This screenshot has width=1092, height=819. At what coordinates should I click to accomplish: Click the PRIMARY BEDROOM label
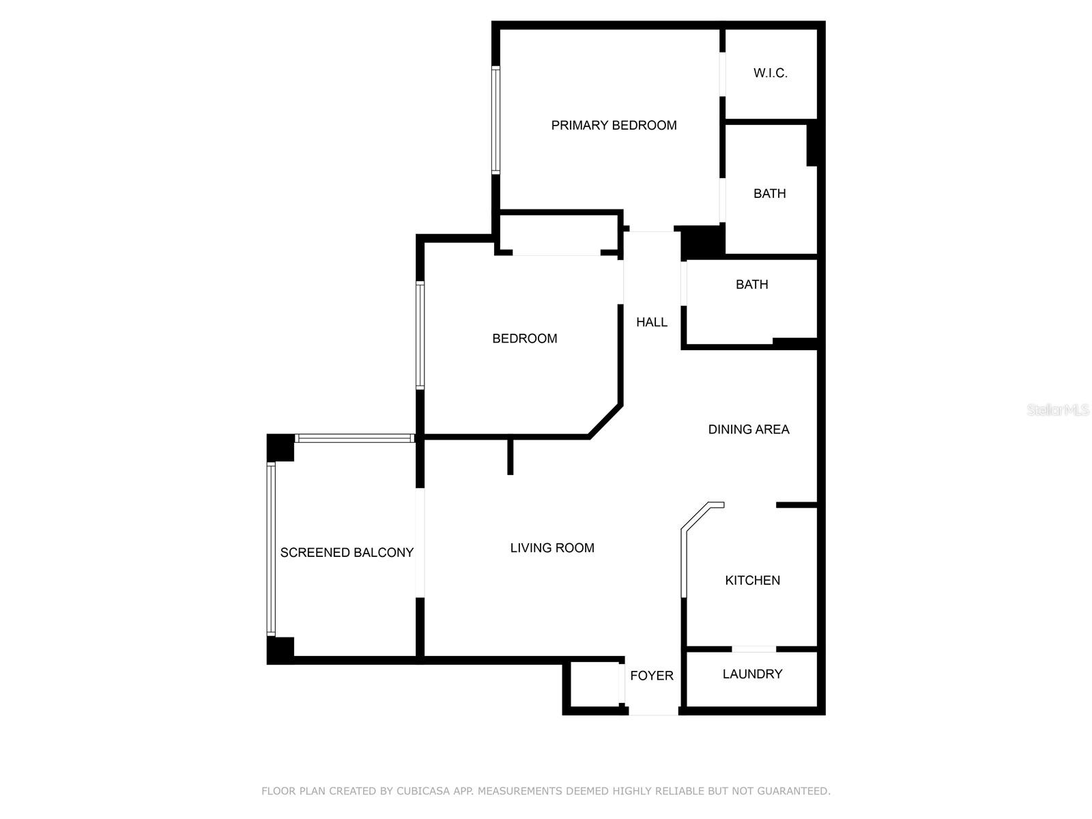614,126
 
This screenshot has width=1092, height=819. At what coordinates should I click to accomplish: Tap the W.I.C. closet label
770,73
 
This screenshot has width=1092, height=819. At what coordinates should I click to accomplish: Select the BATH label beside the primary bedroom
770,193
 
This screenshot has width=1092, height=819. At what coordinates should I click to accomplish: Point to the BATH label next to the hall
751,285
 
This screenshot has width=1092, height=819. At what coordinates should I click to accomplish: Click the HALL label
652,322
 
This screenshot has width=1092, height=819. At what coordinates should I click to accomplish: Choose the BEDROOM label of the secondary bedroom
524,339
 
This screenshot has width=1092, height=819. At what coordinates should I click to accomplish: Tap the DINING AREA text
748,429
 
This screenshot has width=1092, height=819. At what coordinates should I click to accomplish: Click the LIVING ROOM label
552,547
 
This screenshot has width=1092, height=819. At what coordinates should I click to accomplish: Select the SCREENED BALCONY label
347,552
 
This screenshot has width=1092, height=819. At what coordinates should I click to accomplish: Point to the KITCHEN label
752,580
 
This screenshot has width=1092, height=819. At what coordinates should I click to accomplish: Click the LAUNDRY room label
752,674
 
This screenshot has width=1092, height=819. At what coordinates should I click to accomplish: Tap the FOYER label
652,675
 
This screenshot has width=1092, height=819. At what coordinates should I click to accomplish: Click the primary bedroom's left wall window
495,120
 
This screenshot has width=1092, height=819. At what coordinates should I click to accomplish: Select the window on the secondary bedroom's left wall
420,335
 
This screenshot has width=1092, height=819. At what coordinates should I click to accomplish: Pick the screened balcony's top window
355,438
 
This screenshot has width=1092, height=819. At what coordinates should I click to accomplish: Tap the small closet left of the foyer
594,685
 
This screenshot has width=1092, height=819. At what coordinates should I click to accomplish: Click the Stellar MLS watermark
1057,409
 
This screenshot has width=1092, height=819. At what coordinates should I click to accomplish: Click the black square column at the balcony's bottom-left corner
281,650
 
